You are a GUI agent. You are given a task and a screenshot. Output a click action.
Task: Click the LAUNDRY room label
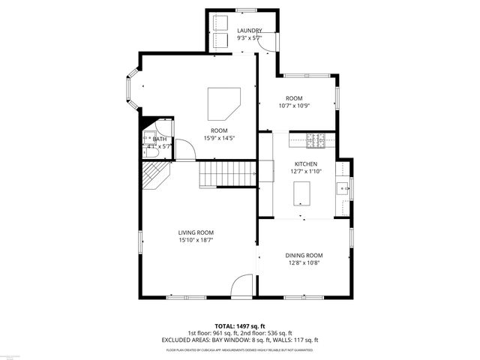250,31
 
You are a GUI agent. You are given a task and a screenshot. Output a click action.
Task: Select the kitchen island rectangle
301,192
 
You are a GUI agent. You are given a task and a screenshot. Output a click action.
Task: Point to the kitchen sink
343,187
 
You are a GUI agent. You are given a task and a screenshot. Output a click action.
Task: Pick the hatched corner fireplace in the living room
156,177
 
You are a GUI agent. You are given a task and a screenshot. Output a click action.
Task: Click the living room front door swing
242,286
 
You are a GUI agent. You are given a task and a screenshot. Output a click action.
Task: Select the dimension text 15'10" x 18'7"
196,241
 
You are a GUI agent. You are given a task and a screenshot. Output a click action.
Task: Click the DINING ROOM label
304,256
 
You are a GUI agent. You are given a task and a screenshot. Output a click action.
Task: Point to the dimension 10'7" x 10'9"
294,106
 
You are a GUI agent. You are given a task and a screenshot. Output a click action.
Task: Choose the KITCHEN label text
305,163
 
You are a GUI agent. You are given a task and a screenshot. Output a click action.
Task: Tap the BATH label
160,139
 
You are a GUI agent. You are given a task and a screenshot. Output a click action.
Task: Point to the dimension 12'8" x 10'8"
304,263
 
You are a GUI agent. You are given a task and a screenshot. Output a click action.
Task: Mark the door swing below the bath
185,150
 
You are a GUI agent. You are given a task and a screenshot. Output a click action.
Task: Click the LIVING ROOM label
196,232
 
